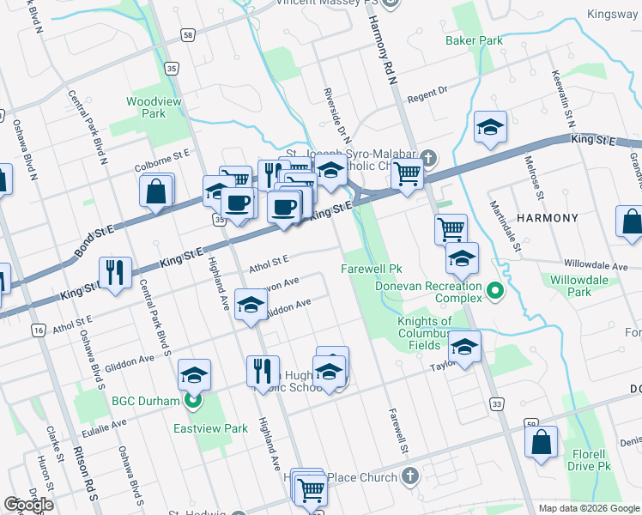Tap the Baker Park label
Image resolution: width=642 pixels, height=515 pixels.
(x=474, y=40)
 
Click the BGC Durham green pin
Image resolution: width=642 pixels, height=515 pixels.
(x=194, y=401)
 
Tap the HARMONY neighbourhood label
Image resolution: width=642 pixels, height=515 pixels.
(x=547, y=218)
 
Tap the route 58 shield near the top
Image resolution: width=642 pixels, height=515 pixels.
(x=188, y=35)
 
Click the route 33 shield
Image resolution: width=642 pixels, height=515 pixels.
(x=497, y=403)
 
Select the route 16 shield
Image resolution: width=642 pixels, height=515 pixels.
(x=37, y=330)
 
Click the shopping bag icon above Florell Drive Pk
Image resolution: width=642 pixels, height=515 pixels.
(x=542, y=442)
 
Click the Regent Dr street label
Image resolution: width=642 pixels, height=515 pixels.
(x=428, y=93)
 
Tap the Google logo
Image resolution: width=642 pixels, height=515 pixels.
(x=28, y=505)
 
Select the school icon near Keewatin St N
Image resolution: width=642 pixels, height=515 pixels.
(x=490, y=128)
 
